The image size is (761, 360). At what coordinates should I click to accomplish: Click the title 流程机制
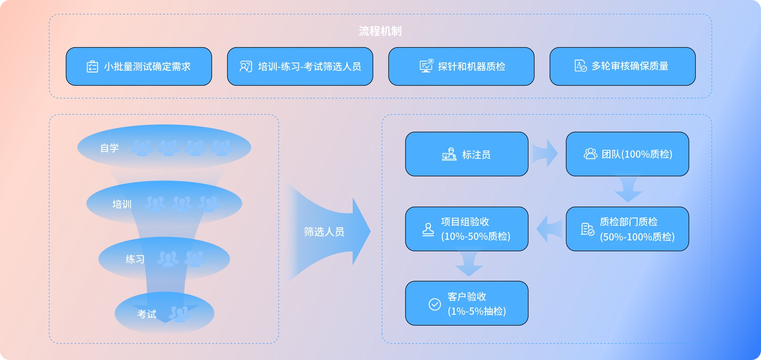(x=380, y=31)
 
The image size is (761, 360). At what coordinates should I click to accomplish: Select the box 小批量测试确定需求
(x=139, y=66)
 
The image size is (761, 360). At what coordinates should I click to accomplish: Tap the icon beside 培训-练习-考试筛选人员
(x=246, y=66)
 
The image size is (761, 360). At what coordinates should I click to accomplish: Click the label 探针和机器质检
(x=471, y=66)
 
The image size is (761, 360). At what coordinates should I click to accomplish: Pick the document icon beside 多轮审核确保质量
(x=580, y=66)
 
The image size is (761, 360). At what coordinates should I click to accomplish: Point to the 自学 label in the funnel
(x=110, y=148)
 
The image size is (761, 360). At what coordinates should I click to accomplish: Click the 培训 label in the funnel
(x=122, y=204)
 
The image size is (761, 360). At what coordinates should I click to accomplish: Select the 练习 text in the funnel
(x=135, y=259)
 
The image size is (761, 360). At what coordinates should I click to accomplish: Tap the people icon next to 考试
(x=179, y=314)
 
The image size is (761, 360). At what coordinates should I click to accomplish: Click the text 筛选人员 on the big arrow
(x=324, y=232)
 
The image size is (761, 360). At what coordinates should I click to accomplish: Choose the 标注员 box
(x=466, y=154)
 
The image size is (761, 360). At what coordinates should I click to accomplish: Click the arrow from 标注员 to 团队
(x=544, y=153)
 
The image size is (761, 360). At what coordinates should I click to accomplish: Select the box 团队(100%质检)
(x=627, y=154)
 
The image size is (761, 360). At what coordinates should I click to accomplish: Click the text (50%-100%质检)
(x=637, y=237)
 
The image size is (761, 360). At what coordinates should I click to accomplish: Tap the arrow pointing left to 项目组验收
(x=548, y=229)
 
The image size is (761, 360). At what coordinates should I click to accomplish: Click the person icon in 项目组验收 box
(x=428, y=230)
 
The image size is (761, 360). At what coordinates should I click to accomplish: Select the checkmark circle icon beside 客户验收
(x=434, y=304)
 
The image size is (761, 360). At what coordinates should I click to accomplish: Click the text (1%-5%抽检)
(x=477, y=311)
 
